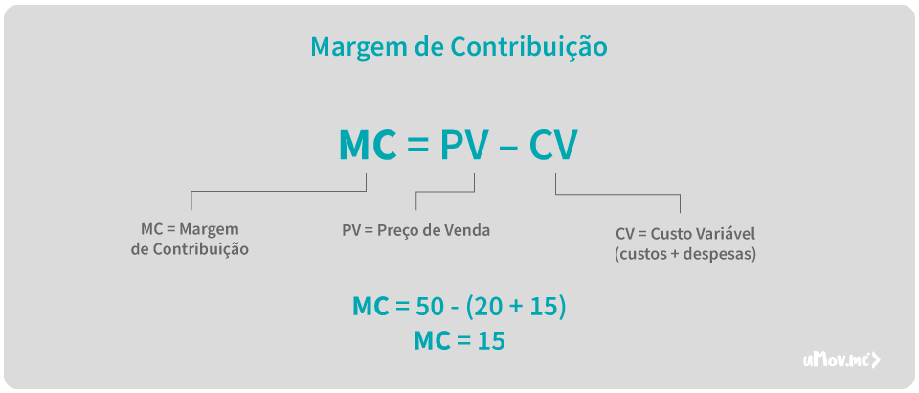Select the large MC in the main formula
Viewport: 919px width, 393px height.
tap(368, 145)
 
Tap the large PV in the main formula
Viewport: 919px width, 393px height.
tap(464, 145)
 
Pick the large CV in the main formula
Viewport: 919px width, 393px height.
tap(553, 145)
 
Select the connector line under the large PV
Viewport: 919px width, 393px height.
tap(446, 192)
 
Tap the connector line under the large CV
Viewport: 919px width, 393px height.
tap(617, 194)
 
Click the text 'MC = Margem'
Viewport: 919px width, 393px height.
tap(190, 230)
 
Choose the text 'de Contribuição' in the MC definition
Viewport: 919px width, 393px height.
tap(190, 249)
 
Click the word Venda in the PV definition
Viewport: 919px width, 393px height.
tap(467, 230)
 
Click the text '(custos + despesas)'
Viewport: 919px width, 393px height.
tap(684, 255)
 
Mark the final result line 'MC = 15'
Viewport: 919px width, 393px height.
tap(459, 340)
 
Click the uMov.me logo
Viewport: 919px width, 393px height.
tap(841, 359)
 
